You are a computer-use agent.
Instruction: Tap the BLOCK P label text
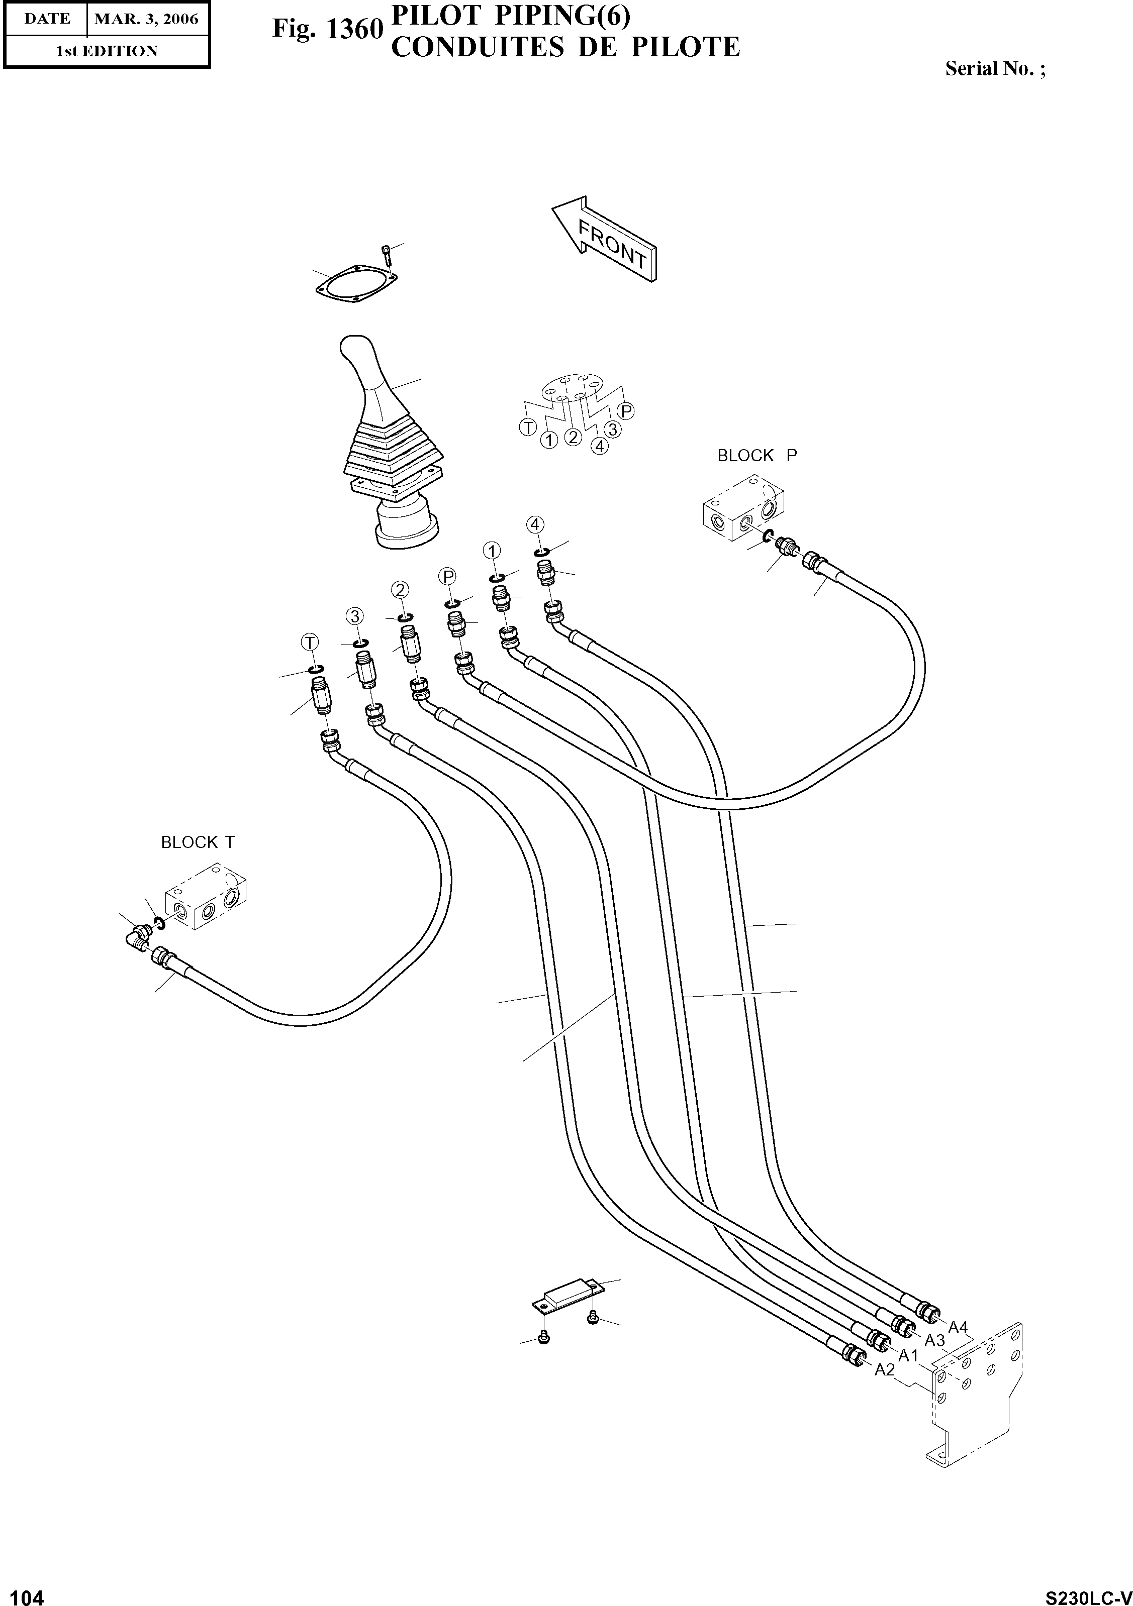point(757,455)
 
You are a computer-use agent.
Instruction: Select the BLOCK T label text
point(198,842)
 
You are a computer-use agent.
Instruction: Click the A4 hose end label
point(958,1327)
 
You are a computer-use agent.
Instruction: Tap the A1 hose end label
point(908,1356)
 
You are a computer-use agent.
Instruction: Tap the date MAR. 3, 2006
point(147,19)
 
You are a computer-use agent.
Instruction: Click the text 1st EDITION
point(107,51)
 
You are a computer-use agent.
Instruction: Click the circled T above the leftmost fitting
point(309,641)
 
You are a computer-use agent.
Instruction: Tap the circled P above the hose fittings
point(448,576)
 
